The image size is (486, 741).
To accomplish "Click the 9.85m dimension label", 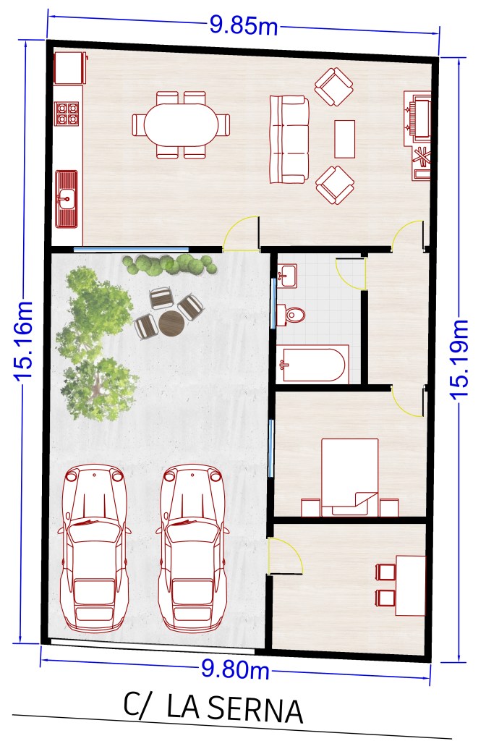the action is point(244,25).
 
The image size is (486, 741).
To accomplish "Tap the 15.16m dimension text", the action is point(24,340).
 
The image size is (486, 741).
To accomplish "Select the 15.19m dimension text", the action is point(459,359).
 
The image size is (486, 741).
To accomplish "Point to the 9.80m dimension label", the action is point(235,669).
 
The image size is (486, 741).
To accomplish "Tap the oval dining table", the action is point(182,124).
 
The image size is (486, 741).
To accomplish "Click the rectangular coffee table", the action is point(345,139).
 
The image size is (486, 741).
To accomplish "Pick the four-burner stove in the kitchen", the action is point(67,114).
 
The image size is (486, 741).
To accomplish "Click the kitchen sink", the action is point(66,199).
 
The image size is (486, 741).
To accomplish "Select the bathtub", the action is point(312,365).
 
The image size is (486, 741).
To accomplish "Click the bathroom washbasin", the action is point(287,276).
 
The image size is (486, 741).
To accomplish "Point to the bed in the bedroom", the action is point(350,477).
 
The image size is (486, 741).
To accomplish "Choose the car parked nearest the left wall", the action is point(94,549).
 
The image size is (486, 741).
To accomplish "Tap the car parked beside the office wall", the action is point(192,549).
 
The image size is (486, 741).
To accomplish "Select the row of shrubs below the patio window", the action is point(169,265).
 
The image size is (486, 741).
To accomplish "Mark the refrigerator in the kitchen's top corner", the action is point(70,68).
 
